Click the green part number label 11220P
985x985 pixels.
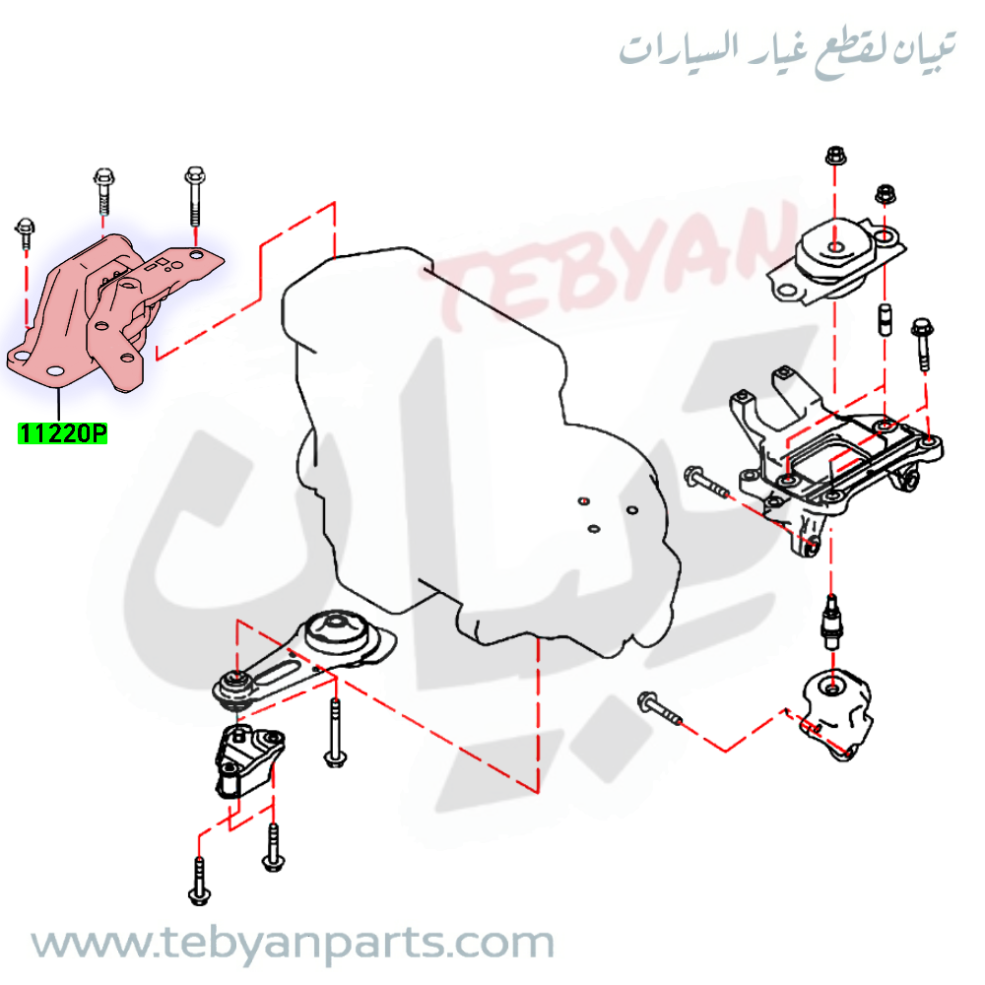tap(62, 433)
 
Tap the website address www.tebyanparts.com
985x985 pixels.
tap(293, 944)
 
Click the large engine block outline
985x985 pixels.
tap(481, 452)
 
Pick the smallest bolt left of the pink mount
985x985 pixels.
tap(26, 232)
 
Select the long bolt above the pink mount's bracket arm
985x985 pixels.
tap(195, 196)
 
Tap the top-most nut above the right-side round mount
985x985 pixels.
tap(835, 155)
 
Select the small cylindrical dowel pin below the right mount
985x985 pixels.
tap(885, 319)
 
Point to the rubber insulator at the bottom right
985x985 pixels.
tap(836, 713)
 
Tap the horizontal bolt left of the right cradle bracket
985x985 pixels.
tap(706, 483)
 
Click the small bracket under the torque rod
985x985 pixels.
tap(249, 760)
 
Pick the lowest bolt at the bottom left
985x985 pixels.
tap(200, 883)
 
